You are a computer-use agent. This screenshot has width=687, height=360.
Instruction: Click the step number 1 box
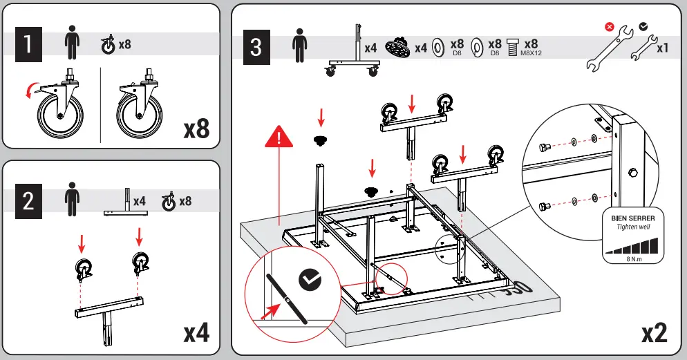pos(28,45)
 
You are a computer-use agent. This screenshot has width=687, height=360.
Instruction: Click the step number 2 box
pos(28,201)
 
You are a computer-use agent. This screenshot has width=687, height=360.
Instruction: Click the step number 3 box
pos(256,48)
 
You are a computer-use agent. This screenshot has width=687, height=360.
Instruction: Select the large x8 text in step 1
pos(196,129)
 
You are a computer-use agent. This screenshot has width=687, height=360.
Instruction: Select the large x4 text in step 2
pos(196,332)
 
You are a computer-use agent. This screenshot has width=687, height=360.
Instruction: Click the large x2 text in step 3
pos(653,332)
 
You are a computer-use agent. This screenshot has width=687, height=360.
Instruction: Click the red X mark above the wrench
pos(610,27)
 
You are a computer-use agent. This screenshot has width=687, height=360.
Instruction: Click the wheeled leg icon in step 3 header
pos(353,52)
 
